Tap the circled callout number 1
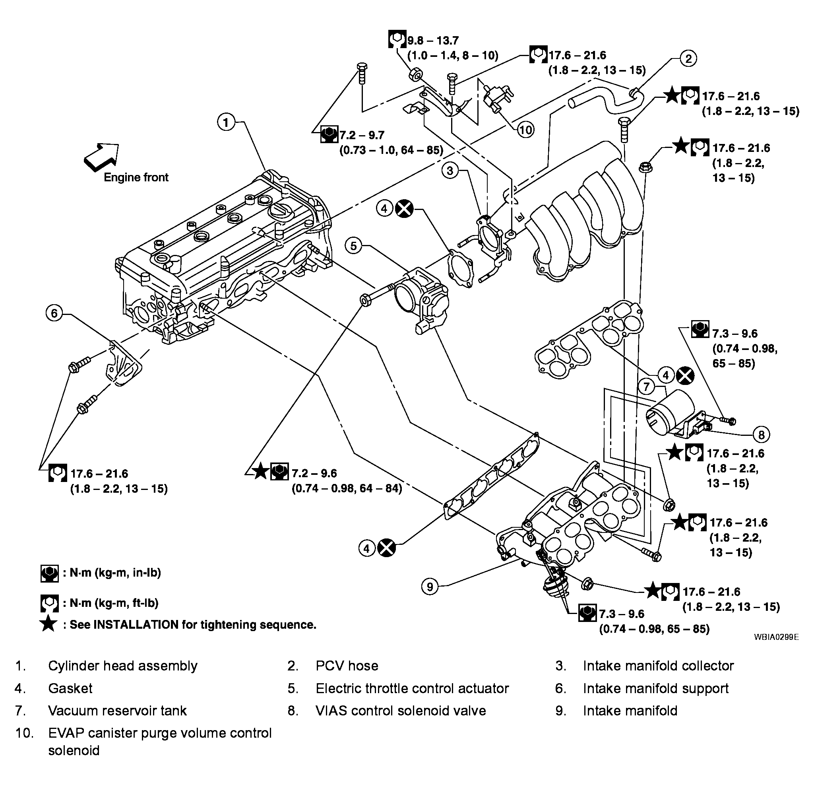tap(226, 122)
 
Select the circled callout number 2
tap(688, 58)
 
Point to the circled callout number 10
tap(526, 130)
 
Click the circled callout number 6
tap(54, 313)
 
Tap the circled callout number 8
tap(761, 435)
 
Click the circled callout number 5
tap(353, 246)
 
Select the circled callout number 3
tap(450, 170)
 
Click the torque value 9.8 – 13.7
tap(433, 40)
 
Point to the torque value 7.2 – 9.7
tap(362, 135)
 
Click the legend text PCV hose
tap(347, 666)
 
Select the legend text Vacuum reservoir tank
tap(118, 711)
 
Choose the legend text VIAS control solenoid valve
tap(401, 711)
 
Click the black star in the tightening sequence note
tap(48, 624)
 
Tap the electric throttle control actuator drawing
tap(421, 300)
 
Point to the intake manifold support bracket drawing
tap(123, 364)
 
